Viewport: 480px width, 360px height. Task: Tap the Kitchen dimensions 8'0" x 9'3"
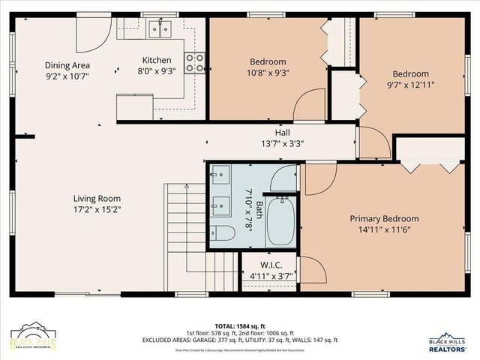pos(157,72)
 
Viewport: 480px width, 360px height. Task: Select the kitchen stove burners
pos(195,63)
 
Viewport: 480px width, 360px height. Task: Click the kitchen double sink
pos(159,29)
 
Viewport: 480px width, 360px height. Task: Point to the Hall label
pos(282,132)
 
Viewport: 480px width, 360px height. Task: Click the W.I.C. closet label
pos(271,265)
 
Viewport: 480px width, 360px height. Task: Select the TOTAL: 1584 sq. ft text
pos(239,325)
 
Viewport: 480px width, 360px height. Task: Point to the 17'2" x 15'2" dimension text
pos(97,210)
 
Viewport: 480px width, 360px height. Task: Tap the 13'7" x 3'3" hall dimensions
pos(282,143)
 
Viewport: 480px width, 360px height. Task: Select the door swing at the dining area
pos(93,32)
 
